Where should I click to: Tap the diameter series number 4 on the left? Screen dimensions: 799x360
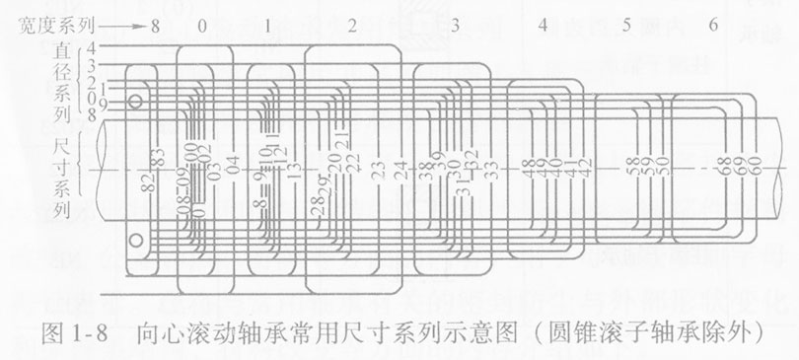91,46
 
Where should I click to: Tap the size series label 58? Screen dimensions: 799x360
630,169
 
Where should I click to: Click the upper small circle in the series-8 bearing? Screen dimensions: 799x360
137,102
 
